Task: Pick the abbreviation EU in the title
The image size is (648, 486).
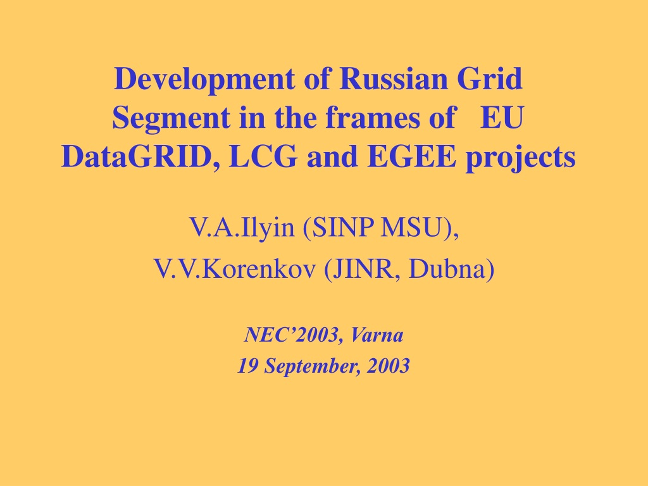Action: (x=502, y=118)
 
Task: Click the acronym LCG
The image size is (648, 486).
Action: (x=263, y=157)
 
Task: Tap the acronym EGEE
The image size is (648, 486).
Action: (x=411, y=157)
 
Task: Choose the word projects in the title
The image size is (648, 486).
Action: (x=521, y=159)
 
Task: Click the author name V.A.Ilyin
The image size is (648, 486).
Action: (x=242, y=228)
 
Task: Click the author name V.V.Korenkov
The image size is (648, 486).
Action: (x=235, y=269)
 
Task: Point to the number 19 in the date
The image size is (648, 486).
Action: (x=247, y=366)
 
